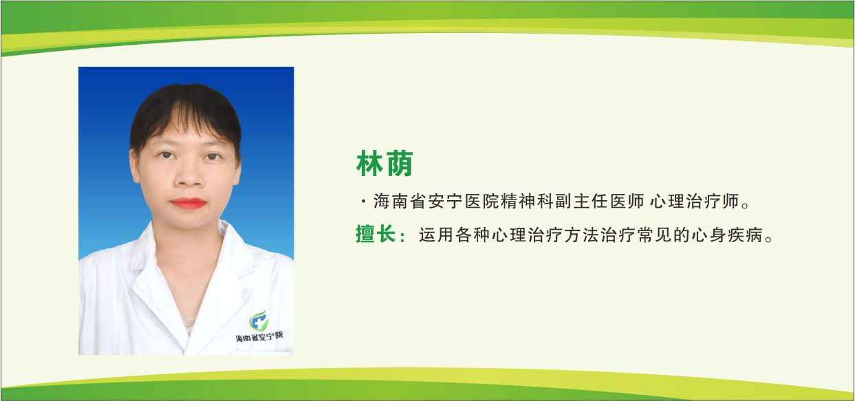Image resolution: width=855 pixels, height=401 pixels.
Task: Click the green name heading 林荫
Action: pyautogui.click(x=384, y=164)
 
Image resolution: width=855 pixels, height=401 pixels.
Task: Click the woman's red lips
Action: pyautogui.click(x=188, y=203)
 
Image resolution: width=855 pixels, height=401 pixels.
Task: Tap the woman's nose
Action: pyautogui.click(x=187, y=176)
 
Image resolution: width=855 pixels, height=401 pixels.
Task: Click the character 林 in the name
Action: pyautogui.click(x=369, y=164)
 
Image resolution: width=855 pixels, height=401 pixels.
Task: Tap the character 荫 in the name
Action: pyautogui.click(x=399, y=164)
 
